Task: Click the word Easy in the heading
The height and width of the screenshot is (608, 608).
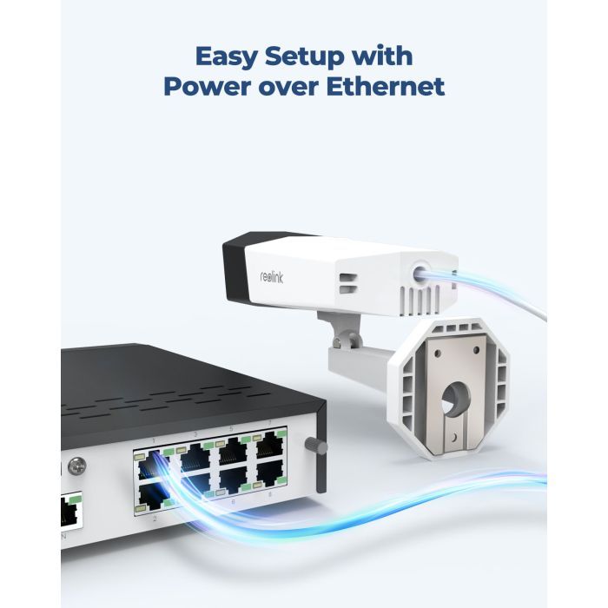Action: click(227, 57)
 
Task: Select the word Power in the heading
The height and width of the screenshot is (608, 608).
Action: click(208, 86)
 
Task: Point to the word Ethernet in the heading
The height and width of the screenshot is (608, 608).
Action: click(385, 86)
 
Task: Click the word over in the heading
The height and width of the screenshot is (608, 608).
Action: click(288, 89)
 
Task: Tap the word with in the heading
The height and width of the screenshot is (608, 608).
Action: click(382, 56)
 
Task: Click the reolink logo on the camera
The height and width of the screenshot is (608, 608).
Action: click(271, 277)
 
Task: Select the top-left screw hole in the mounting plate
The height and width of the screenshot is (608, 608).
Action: click(438, 354)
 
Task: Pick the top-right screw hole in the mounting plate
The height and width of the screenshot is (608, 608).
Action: click(476, 350)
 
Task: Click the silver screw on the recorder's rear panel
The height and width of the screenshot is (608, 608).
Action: click(77, 466)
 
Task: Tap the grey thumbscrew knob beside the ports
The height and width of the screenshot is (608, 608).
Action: click(316, 445)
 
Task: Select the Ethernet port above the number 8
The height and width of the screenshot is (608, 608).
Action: click(271, 474)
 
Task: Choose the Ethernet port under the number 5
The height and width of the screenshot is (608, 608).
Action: click(233, 453)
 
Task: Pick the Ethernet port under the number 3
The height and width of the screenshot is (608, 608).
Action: click(195, 459)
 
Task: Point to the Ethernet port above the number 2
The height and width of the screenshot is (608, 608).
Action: click(153, 497)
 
